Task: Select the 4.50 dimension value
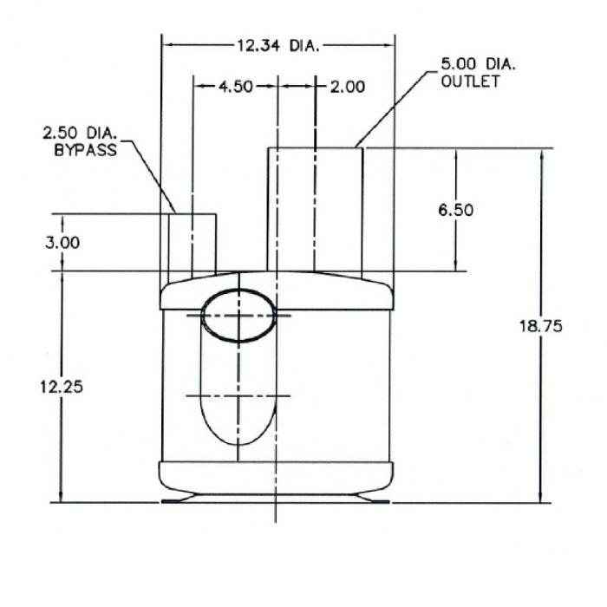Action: (x=234, y=87)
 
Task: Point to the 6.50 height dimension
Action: (x=456, y=210)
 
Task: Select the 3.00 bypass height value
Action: (x=62, y=243)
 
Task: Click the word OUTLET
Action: (x=470, y=82)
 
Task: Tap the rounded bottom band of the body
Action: (x=277, y=475)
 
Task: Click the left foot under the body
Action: (x=183, y=499)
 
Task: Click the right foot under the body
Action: (x=373, y=499)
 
